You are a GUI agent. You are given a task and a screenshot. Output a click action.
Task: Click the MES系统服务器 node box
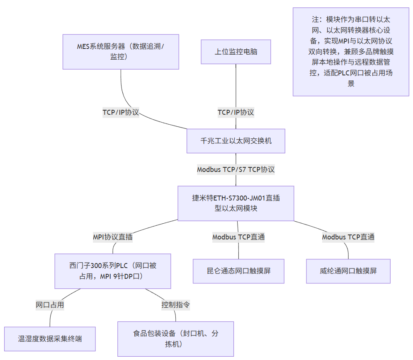pyautogui.click(x=121, y=52)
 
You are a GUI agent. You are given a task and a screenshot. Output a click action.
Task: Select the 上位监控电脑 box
pyautogui.click(x=236, y=52)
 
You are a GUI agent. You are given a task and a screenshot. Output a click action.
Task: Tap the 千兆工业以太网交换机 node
pyautogui.click(x=236, y=141)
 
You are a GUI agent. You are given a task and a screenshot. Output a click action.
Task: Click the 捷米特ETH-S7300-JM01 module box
pyautogui.click(x=236, y=203)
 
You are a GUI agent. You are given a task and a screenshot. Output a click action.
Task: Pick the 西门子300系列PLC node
pyautogui.click(x=112, y=271)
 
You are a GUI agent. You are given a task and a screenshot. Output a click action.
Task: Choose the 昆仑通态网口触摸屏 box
pyautogui.click(x=238, y=271)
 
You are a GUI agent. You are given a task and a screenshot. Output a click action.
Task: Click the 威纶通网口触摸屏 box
pyautogui.click(x=348, y=271)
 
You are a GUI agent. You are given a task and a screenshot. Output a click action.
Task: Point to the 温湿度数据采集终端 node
pyautogui.click(x=50, y=339)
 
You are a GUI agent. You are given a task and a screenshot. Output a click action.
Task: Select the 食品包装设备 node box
pyautogui.click(x=175, y=339)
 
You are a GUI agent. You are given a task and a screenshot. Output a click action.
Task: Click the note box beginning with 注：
pyautogui.click(x=351, y=52)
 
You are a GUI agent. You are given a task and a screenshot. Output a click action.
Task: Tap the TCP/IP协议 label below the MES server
pyautogui.click(x=121, y=112)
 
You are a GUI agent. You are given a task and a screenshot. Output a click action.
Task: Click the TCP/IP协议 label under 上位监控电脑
pyautogui.click(x=236, y=112)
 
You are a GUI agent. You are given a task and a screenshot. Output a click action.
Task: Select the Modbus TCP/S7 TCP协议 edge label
pyautogui.click(x=236, y=169)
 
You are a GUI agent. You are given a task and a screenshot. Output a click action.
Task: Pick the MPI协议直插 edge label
pyautogui.click(x=112, y=237)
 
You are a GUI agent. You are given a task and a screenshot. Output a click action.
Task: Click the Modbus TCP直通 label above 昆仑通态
pyautogui.click(x=238, y=237)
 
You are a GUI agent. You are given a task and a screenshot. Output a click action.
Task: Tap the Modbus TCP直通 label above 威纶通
pyautogui.click(x=348, y=237)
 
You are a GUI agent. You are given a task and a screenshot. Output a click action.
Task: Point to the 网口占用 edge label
pyautogui.click(x=50, y=305)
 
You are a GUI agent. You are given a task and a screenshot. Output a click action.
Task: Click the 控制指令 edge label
pyautogui.click(x=175, y=305)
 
